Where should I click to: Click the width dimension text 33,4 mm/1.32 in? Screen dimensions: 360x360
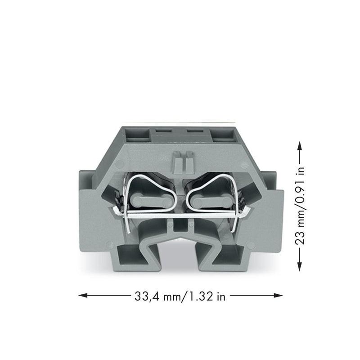tap(180, 296)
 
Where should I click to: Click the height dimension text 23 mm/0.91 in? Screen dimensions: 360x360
tap(300, 206)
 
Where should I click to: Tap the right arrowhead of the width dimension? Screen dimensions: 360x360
tap(278, 296)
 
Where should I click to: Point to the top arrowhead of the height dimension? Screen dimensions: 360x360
tap(300, 145)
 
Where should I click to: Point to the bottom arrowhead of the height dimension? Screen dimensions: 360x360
tap(300, 266)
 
